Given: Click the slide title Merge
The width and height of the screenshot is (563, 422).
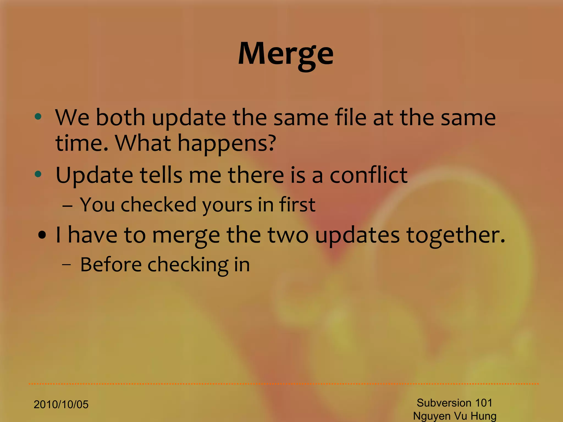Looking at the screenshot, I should click(286, 54).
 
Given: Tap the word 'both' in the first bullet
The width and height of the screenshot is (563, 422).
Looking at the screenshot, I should click(120, 118).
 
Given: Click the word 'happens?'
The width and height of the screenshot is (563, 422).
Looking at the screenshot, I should click(227, 143).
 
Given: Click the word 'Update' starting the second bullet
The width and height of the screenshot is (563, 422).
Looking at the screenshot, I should click(94, 175).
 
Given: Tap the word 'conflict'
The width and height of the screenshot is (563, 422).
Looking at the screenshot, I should click(368, 175).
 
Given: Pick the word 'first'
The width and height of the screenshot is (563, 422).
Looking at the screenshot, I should click(297, 205).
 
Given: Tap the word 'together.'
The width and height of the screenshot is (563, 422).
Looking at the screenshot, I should click(456, 235).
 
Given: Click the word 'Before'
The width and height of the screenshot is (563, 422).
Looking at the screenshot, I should click(111, 265).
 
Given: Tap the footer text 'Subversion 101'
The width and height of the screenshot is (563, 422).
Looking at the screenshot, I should click(454, 403).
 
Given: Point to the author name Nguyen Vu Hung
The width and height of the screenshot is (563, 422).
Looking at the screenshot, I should click(455, 416).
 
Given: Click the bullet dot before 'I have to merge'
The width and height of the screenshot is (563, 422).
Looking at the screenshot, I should click(42, 235).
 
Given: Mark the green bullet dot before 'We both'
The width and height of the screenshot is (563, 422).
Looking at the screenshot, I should click(38, 117).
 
